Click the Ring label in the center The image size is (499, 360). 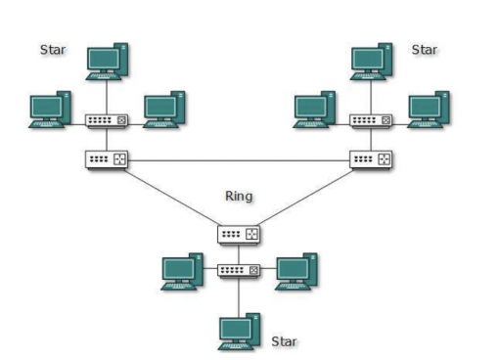239,196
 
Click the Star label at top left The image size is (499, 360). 53,48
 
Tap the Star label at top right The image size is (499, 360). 425,48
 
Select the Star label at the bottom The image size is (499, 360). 285,341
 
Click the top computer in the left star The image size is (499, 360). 107,62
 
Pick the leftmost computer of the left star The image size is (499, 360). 50,110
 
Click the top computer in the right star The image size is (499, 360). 372,61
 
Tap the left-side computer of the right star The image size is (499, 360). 315,110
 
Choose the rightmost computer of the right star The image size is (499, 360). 428,110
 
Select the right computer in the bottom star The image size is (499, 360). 295,271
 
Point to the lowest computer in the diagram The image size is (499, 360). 239,331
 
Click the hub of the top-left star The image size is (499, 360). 107,121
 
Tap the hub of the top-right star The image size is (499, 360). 372,121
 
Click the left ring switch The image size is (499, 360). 107,158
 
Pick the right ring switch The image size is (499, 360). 372,158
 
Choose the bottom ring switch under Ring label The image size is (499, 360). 239,235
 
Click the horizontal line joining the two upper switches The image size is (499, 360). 239,158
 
